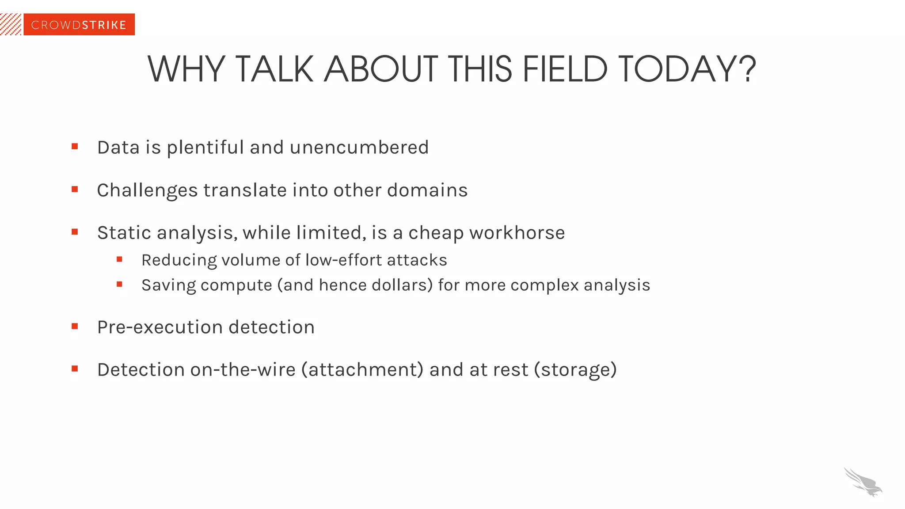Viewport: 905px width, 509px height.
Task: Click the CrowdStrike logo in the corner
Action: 79,25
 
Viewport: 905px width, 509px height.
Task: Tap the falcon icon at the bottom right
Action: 863,482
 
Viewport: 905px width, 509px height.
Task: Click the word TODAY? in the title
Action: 687,69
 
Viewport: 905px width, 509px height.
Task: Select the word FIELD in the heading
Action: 565,69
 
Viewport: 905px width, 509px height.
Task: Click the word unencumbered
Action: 359,147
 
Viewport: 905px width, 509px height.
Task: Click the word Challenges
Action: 147,191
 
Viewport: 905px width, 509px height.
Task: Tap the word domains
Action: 427,190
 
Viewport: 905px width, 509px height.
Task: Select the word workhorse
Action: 517,232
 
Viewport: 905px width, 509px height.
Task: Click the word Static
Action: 124,232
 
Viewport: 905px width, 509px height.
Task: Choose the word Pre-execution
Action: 160,327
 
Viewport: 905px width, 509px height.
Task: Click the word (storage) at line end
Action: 575,370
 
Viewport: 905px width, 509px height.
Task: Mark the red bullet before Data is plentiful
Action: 75,146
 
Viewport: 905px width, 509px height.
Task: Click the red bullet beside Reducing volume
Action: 119,259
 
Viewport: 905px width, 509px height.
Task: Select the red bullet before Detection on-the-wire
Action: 75,368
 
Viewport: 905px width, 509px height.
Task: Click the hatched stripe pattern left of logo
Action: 11,25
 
